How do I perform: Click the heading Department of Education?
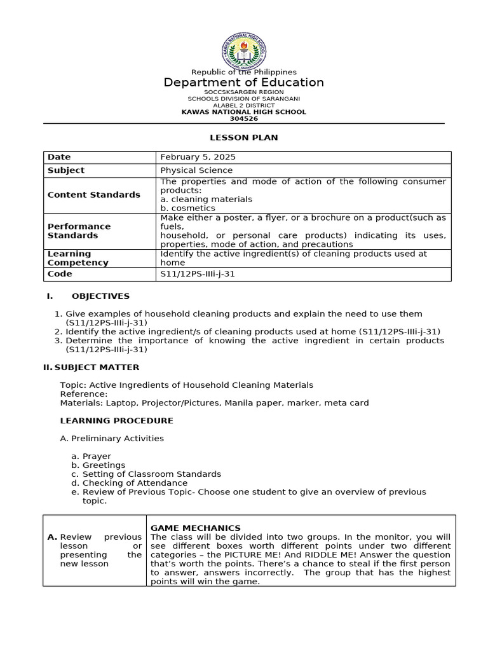[x=244, y=83]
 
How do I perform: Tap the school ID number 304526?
[x=244, y=118]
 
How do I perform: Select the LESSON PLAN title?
[x=244, y=137]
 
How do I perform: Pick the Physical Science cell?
[x=196, y=170]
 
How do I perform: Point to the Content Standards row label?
[x=93, y=195]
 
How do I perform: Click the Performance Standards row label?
[x=79, y=231]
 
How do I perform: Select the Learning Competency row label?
[x=78, y=258]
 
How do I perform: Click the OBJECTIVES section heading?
[x=100, y=296]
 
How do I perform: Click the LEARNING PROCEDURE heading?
[x=116, y=421]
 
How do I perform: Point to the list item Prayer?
[x=97, y=456]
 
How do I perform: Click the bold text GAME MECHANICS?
[x=195, y=528]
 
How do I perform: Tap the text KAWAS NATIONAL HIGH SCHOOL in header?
[x=244, y=112]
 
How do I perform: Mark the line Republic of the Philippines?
[x=244, y=72]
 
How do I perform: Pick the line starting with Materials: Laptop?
[x=214, y=403]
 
